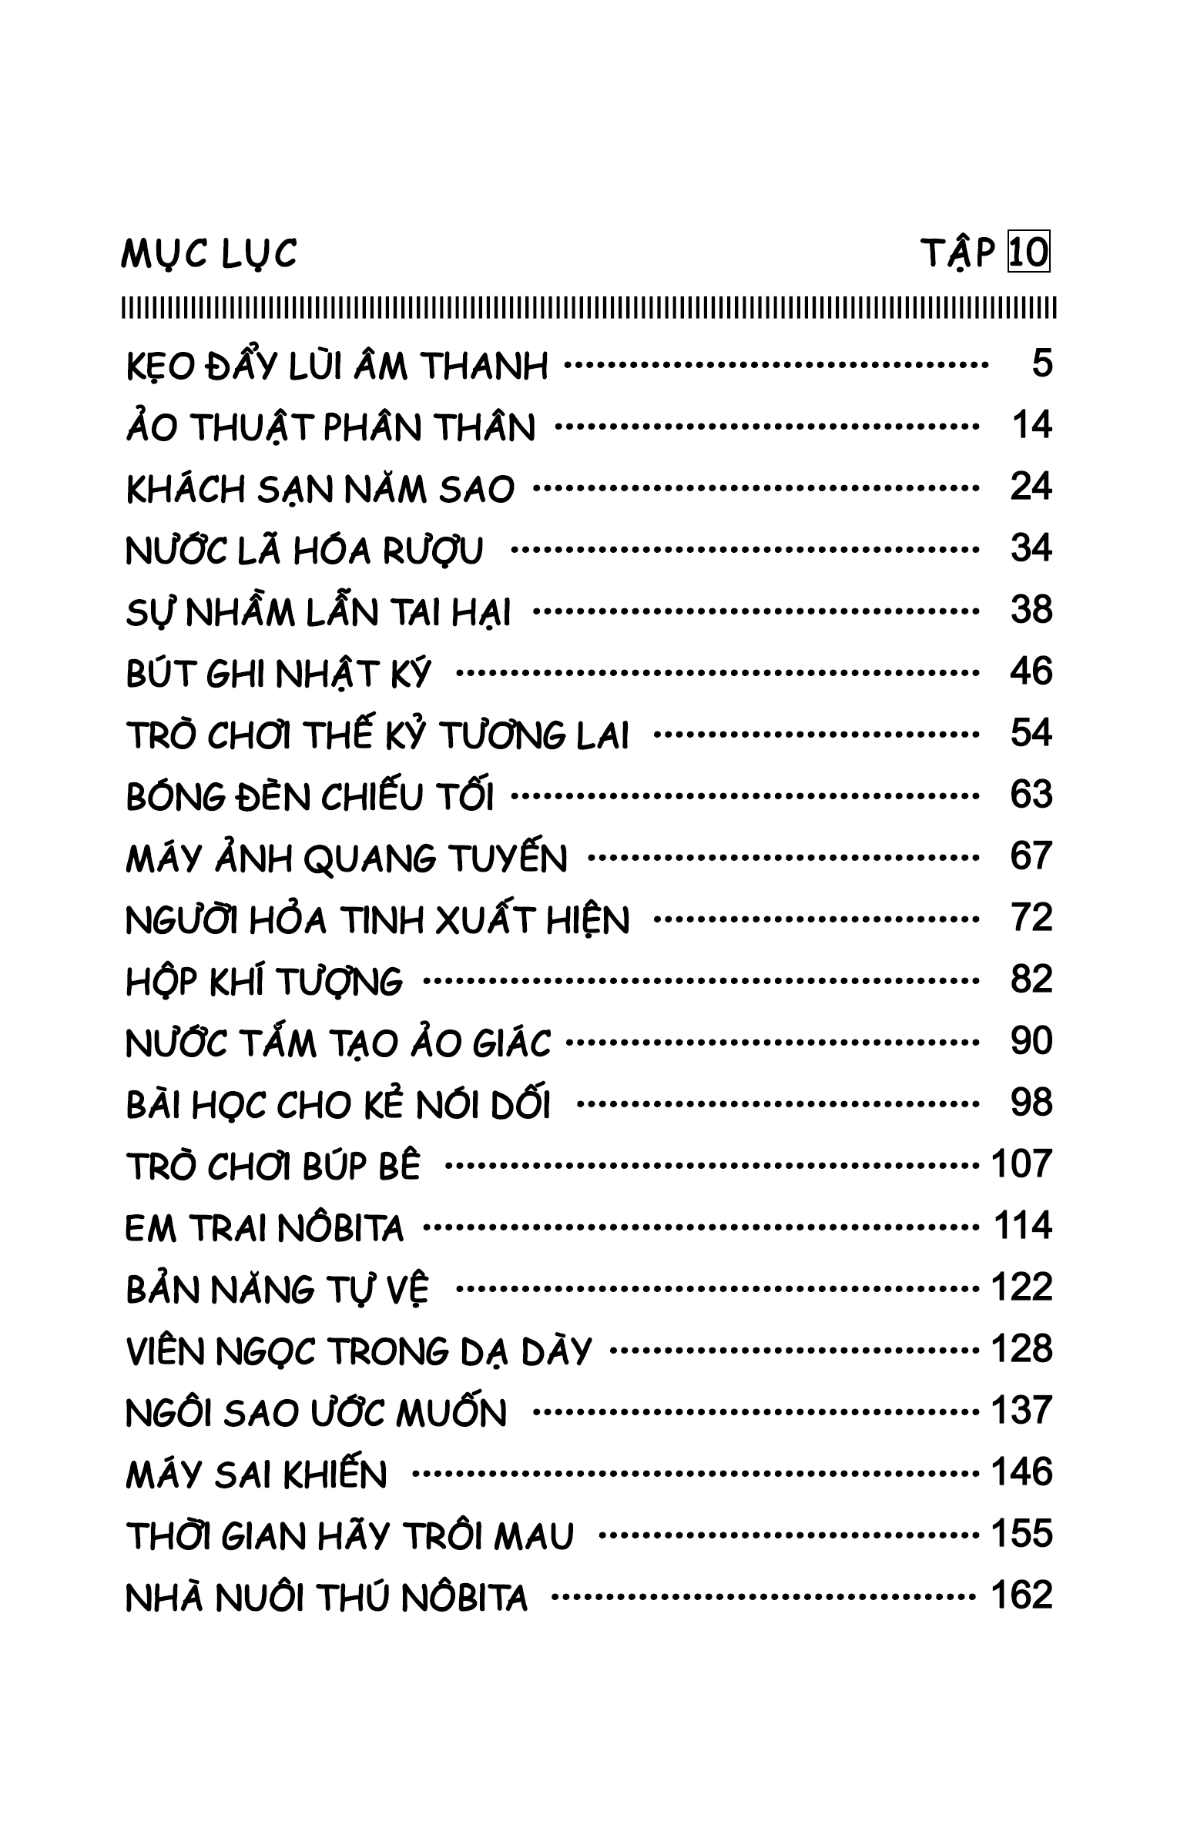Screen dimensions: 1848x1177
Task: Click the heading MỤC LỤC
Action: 209,254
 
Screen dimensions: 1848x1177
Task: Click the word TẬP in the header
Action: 959,254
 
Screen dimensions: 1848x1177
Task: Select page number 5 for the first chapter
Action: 1041,363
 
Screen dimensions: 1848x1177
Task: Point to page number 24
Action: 1031,487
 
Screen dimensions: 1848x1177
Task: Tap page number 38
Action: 1031,610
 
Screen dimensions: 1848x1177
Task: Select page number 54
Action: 1031,733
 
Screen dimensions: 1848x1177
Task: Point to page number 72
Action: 1031,918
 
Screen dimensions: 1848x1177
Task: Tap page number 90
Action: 1031,1041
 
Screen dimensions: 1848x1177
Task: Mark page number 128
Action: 1021,1349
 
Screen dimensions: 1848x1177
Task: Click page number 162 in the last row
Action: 1021,1595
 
